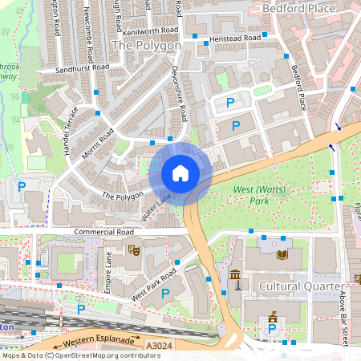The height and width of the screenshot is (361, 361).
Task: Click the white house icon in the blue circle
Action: tap(180, 173)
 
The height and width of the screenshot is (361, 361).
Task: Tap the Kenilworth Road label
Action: tap(151, 31)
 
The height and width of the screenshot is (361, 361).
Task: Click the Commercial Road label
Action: tap(103, 233)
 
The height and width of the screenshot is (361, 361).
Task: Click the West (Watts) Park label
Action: tap(250, 195)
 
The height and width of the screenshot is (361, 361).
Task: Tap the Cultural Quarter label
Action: tap(302, 286)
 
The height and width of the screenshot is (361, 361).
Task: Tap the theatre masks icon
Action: tap(134, 250)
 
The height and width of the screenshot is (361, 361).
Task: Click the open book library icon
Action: tap(282, 254)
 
